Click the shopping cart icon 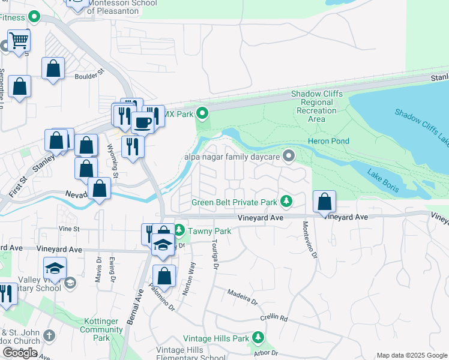tap(19, 41)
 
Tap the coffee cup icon tap(143, 122)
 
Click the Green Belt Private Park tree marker tap(288, 202)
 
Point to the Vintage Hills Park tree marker tap(258, 338)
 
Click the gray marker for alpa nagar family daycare tap(289, 157)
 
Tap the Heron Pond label tap(328, 141)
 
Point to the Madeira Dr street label tap(242, 296)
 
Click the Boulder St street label tap(89, 76)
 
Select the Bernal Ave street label tap(135, 306)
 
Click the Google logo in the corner tap(19, 353)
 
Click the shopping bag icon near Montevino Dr tap(324, 203)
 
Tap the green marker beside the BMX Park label tap(203, 112)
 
